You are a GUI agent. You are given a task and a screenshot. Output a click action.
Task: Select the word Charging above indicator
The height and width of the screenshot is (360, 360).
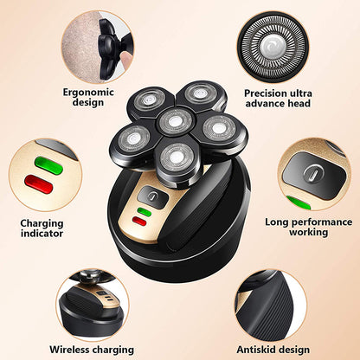tap(42, 222)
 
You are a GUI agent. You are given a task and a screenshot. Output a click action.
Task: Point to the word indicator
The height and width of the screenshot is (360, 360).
tap(42, 235)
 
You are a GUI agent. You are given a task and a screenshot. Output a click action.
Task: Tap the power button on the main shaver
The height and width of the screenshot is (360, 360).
tap(151, 196)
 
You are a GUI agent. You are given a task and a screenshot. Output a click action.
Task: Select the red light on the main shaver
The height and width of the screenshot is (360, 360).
tap(139, 221)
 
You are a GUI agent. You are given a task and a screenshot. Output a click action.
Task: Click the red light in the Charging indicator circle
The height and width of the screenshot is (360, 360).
tap(37, 183)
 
